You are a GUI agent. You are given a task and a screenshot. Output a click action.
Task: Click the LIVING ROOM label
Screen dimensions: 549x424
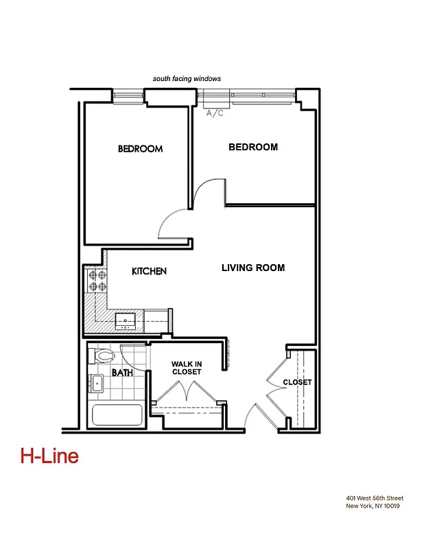[252, 268]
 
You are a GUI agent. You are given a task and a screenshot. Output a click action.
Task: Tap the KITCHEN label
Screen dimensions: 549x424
[149, 272]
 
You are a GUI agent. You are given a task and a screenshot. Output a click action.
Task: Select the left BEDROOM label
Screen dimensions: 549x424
[140, 149]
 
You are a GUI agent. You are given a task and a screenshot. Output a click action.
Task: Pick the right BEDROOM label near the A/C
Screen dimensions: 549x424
[252, 147]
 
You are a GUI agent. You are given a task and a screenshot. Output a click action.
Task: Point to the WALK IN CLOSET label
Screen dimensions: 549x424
[187, 368]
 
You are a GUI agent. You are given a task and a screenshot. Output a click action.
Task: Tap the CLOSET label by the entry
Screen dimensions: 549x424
[297, 382]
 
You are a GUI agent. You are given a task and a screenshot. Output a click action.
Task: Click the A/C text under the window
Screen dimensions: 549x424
[215, 113]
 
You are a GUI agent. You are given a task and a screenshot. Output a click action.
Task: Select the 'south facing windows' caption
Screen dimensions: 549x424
[187, 79]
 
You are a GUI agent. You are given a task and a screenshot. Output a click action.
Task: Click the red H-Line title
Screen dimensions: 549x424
[49, 456]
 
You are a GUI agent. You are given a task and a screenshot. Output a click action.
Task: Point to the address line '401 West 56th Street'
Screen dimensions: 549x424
[375, 498]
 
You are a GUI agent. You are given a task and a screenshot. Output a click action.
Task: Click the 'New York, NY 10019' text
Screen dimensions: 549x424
[373, 506]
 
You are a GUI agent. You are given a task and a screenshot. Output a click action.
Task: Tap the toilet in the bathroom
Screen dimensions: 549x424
[102, 355]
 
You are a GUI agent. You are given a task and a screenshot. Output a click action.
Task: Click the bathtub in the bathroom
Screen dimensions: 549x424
[117, 416]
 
